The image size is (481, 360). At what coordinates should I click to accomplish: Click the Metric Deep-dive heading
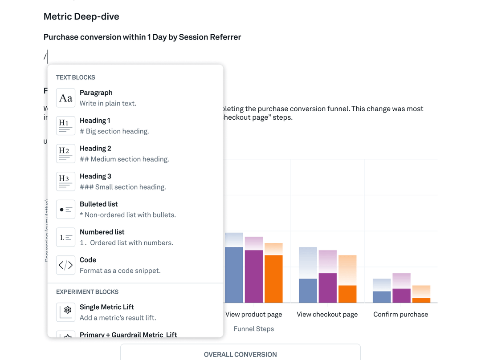click(x=81, y=16)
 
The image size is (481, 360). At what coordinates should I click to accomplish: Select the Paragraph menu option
click(x=96, y=93)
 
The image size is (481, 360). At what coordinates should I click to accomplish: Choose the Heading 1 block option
click(x=95, y=121)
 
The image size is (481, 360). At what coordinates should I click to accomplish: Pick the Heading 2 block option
click(x=95, y=149)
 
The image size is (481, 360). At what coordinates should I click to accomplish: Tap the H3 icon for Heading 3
click(x=65, y=182)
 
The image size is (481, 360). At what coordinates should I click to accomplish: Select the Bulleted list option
click(x=98, y=204)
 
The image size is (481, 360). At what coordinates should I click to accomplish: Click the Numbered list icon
click(x=65, y=237)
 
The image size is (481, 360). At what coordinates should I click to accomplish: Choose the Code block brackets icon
click(x=65, y=265)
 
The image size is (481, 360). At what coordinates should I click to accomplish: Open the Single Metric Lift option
click(x=106, y=307)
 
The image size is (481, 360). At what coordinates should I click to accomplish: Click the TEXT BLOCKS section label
click(x=76, y=77)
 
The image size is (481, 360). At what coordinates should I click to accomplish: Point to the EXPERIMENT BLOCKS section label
click(x=87, y=292)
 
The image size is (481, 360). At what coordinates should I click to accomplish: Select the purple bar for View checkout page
click(x=327, y=288)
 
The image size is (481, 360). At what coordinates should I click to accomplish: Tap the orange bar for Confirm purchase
click(x=421, y=300)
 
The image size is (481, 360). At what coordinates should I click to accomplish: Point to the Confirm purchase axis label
click(x=400, y=314)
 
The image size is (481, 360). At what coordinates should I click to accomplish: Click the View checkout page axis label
click(x=327, y=314)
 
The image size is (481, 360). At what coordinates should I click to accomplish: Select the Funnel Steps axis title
click(x=253, y=329)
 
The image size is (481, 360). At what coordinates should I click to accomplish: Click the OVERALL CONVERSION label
click(x=240, y=355)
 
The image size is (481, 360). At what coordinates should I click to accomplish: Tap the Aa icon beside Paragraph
click(x=65, y=98)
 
